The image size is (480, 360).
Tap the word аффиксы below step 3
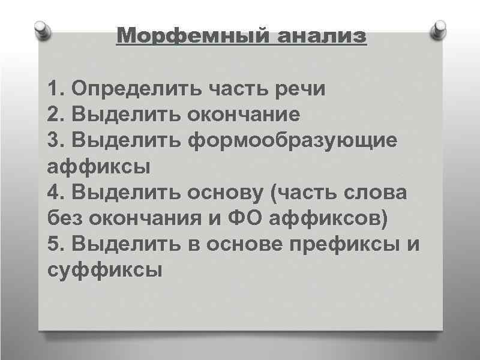tap(98, 166)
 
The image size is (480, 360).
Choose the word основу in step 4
tap(227, 193)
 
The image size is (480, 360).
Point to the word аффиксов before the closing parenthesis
tap(327, 219)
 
